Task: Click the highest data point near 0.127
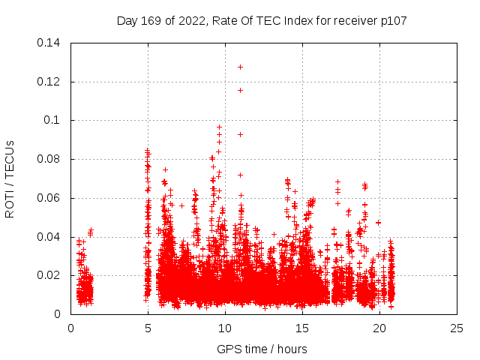click(240, 67)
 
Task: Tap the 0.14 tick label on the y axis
click(49, 43)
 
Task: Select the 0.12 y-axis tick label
click(49, 82)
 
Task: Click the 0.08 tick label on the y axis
click(49, 159)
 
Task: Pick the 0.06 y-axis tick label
click(49, 198)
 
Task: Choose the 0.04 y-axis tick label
click(49, 237)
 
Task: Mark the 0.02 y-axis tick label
click(49, 275)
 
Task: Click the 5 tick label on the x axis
click(148, 328)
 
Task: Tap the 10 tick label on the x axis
click(225, 328)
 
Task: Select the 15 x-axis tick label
click(302, 328)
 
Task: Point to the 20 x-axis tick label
click(379, 328)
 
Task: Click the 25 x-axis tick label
click(457, 328)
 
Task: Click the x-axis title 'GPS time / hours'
click(262, 349)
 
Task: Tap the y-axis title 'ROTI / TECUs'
click(10, 178)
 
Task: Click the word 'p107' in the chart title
click(392, 21)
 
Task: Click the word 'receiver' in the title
click(352, 21)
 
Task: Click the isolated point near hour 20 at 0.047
click(378, 223)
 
